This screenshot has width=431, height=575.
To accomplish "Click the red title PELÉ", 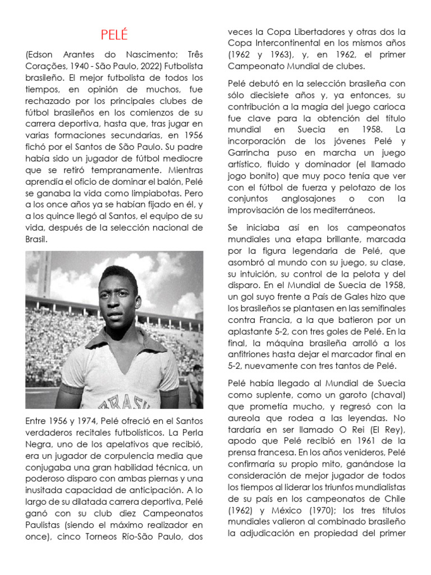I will pos(114,36).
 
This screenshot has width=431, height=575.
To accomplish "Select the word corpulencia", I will pos(125,456).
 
